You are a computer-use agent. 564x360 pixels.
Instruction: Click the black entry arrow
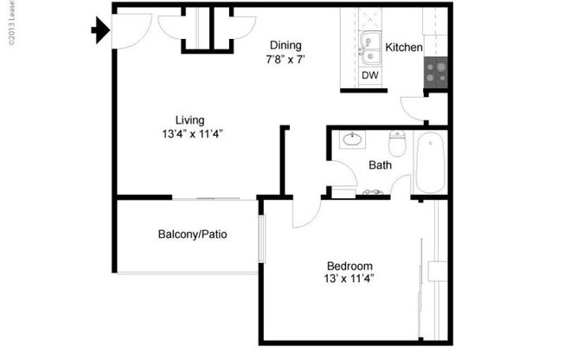click(99, 32)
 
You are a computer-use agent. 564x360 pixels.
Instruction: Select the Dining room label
click(285, 46)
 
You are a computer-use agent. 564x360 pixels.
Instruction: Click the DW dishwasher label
click(369, 76)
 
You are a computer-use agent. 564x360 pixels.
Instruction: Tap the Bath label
click(381, 164)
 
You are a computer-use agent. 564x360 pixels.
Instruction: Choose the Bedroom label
click(349, 266)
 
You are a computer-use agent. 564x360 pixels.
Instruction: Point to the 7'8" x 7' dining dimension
click(285, 60)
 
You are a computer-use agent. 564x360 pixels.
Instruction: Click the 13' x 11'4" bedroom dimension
click(349, 279)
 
